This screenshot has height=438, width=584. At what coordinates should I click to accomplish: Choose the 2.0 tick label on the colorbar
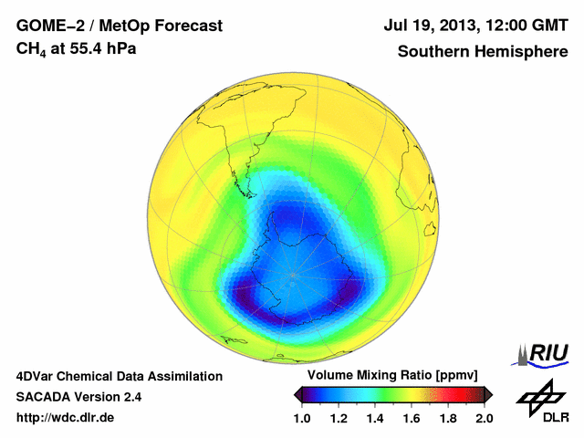(x=484, y=418)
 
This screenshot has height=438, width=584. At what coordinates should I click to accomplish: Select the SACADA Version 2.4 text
(x=78, y=397)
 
